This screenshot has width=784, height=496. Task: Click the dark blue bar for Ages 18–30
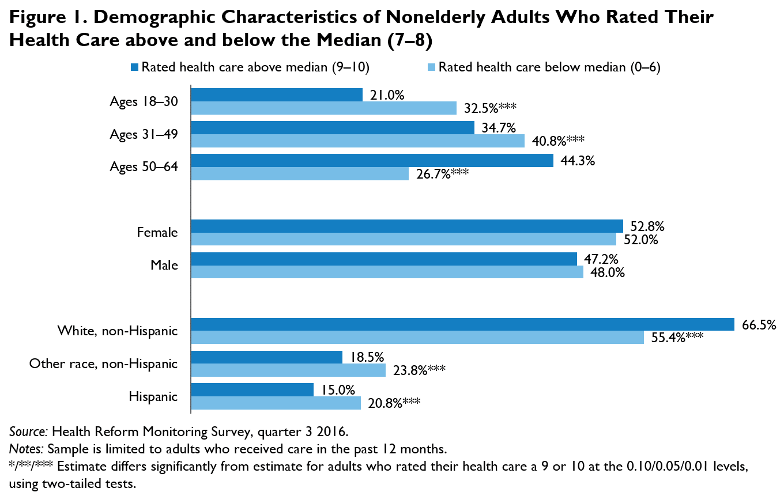pos(276,94)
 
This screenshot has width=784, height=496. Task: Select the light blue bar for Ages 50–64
pos(299,173)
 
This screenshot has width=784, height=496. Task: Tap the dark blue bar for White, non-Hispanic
pos(462,324)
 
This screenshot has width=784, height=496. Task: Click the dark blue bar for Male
pos(383,259)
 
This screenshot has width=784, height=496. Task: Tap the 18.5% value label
pos(365,357)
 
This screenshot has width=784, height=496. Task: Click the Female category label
pos(157,233)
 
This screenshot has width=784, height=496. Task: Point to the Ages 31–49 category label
pos(144,134)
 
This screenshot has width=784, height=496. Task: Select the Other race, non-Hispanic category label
pos(103,364)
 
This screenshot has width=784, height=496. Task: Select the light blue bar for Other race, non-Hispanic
pos(288,370)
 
